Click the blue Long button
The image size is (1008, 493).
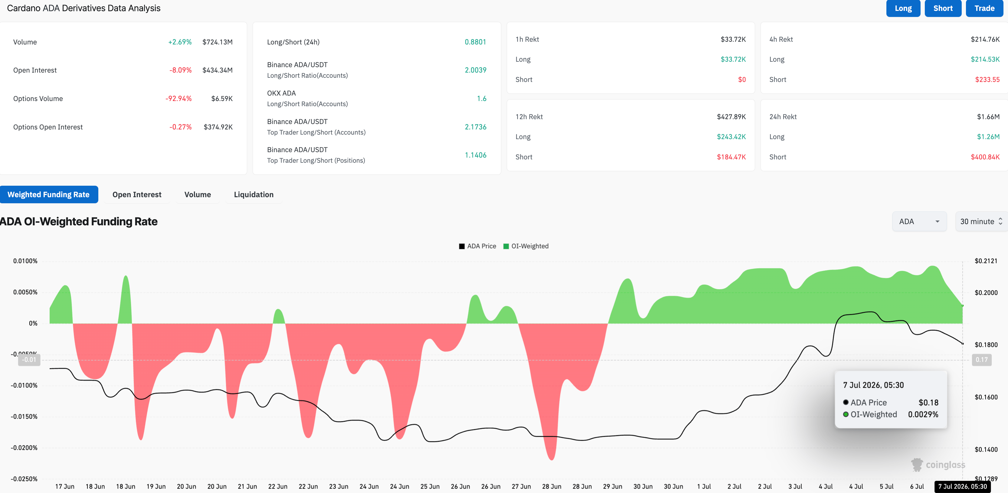tap(903, 8)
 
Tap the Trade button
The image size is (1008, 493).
tap(984, 8)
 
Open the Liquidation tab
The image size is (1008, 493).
tap(254, 194)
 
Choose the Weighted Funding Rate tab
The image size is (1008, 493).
tap(48, 194)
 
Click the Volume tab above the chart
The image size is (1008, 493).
tap(198, 194)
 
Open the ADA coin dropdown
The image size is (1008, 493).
tap(919, 221)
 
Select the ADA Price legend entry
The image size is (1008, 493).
tap(477, 246)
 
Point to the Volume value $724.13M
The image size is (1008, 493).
tap(218, 42)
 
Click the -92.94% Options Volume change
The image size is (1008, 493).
tap(178, 99)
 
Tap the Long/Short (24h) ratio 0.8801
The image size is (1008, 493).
tap(476, 42)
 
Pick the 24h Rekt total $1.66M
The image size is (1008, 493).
tap(988, 117)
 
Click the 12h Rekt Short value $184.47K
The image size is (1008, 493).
tap(731, 157)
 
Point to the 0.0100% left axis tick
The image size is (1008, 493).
tap(25, 261)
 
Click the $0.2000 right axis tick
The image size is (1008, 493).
tap(986, 293)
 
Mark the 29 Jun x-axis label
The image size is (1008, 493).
tap(612, 486)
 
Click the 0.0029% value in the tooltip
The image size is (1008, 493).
tap(923, 414)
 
